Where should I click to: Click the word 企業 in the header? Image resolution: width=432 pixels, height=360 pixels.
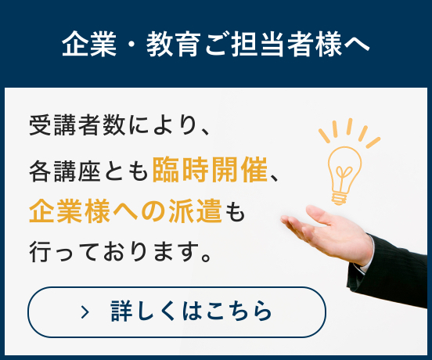point(89,44)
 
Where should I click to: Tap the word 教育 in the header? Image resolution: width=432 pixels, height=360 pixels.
point(173,44)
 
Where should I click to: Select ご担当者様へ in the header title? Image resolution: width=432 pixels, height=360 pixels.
point(287,44)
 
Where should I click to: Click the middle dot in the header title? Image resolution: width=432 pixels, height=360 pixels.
point(131,44)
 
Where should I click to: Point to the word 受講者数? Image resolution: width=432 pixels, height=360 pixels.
point(77,125)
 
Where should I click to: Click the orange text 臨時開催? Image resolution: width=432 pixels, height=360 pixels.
point(210,170)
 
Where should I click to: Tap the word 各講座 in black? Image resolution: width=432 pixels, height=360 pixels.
point(65,171)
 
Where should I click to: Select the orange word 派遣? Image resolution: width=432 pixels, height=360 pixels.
point(195,211)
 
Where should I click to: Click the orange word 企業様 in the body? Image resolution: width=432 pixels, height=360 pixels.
point(70,211)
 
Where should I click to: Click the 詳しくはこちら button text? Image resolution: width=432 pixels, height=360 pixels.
point(191,311)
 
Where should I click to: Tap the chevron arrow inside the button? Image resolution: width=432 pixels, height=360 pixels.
point(85,312)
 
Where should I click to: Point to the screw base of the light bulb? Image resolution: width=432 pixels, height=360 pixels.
point(340,199)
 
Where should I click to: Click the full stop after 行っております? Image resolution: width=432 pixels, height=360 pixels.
point(207,257)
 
